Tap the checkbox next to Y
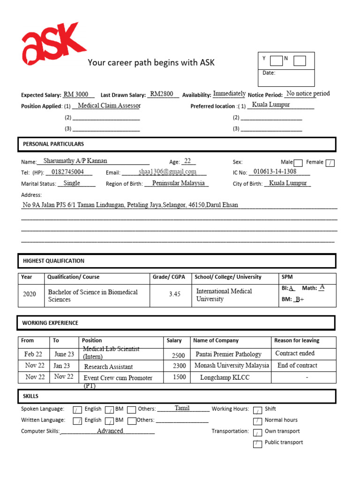[277, 60]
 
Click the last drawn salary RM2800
[162, 94]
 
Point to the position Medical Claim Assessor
[109, 106]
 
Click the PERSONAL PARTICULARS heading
[53, 144]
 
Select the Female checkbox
[330, 163]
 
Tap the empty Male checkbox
[298, 163]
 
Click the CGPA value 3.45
[174, 294]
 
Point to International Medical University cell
[224, 295]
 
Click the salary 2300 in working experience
[179, 366]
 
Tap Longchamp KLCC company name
[225, 377]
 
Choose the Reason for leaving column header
[297, 341]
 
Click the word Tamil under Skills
[182, 408]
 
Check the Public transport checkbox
[257, 444]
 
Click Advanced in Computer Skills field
[110, 431]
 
